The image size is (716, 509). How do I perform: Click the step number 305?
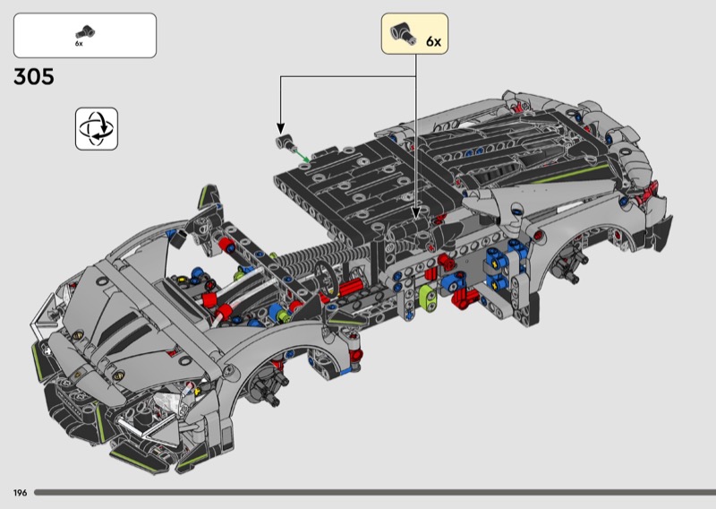pyautogui.click(x=34, y=77)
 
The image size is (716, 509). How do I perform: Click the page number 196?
pyautogui.click(x=19, y=493)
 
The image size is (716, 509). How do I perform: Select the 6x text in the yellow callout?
pyautogui.click(x=433, y=41)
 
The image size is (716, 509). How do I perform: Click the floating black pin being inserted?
pyautogui.click(x=285, y=142)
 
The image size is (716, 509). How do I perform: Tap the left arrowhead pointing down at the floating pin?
pyautogui.click(x=280, y=128)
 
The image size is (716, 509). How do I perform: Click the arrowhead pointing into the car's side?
pyautogui.click(x=417, y=215)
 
